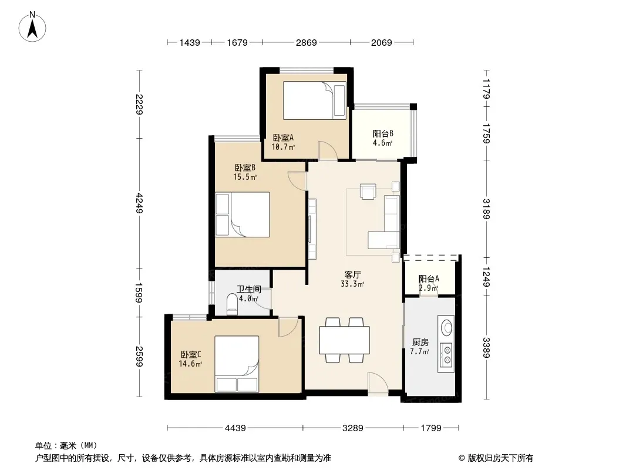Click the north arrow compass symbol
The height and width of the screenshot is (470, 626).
point(32,27)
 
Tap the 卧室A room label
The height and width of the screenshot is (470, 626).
point(283,137)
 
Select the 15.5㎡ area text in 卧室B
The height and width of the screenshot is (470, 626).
point(245,177)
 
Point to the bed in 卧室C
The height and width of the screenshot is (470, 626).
point(237,364)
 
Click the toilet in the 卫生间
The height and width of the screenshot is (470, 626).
point(231,304)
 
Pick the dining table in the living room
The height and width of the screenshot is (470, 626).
point(344,340)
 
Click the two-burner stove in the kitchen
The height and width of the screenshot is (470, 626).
point(446,355)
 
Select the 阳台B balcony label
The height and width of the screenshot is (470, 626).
point(383,134)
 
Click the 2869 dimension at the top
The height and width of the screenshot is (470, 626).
point(306,42)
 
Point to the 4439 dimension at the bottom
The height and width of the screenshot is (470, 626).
point(235,428)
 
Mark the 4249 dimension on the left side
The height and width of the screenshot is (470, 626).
point(139,203)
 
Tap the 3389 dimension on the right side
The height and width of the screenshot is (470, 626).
point(486,347)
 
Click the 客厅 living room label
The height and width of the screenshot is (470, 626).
point(352,275)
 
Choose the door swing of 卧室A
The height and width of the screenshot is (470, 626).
point(327,150)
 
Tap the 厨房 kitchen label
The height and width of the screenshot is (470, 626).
point(420,342)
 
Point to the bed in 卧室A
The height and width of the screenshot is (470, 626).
point(314,100)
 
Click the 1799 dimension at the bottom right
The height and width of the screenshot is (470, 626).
point(431,428)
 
